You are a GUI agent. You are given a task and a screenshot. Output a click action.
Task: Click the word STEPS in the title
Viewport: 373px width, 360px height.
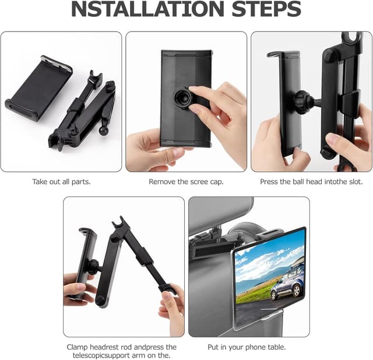click(266, 9)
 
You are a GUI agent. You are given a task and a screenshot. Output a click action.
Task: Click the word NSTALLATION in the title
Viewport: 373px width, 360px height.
click(147, 9)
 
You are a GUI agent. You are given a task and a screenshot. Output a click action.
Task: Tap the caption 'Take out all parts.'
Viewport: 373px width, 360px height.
click(61, 181)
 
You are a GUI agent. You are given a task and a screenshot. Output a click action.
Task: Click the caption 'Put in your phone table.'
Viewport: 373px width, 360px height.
click(247, 347)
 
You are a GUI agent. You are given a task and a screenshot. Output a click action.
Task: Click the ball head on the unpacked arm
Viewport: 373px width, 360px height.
click(104, 131)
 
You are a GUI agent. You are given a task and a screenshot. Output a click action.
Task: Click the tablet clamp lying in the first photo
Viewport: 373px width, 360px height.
click(39, 89)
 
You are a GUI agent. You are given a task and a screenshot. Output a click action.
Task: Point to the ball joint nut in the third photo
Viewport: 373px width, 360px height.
click(302, 102)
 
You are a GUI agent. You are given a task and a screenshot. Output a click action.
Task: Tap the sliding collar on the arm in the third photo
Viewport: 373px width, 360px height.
click(350, 102)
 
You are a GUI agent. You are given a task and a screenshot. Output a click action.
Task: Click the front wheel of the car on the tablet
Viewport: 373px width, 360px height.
click(297, 291)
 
